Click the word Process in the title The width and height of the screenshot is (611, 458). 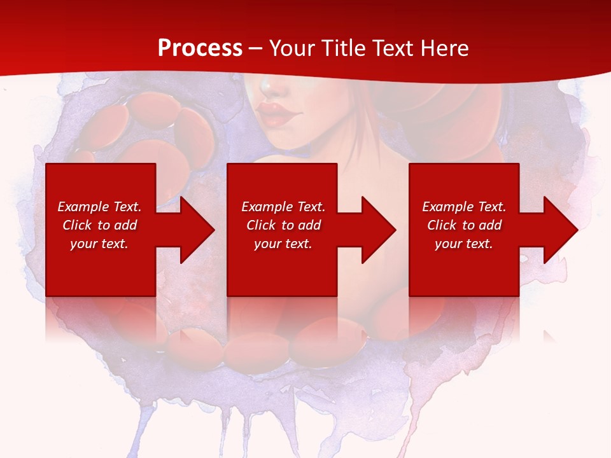(200, 48)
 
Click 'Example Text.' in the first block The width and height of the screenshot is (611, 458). (99, 207)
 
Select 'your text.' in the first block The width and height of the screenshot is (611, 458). (99, 244)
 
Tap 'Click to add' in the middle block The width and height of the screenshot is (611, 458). (283, 225)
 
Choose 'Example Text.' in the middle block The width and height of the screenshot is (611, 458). (283, 207)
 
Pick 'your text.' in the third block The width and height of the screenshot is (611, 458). (464, 244)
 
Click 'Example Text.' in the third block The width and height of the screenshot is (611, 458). (464, 207)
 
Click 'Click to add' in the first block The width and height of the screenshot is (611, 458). (99, 225)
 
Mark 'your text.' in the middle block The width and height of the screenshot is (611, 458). (283, 244)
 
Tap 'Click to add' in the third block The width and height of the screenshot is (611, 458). (464, 225)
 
